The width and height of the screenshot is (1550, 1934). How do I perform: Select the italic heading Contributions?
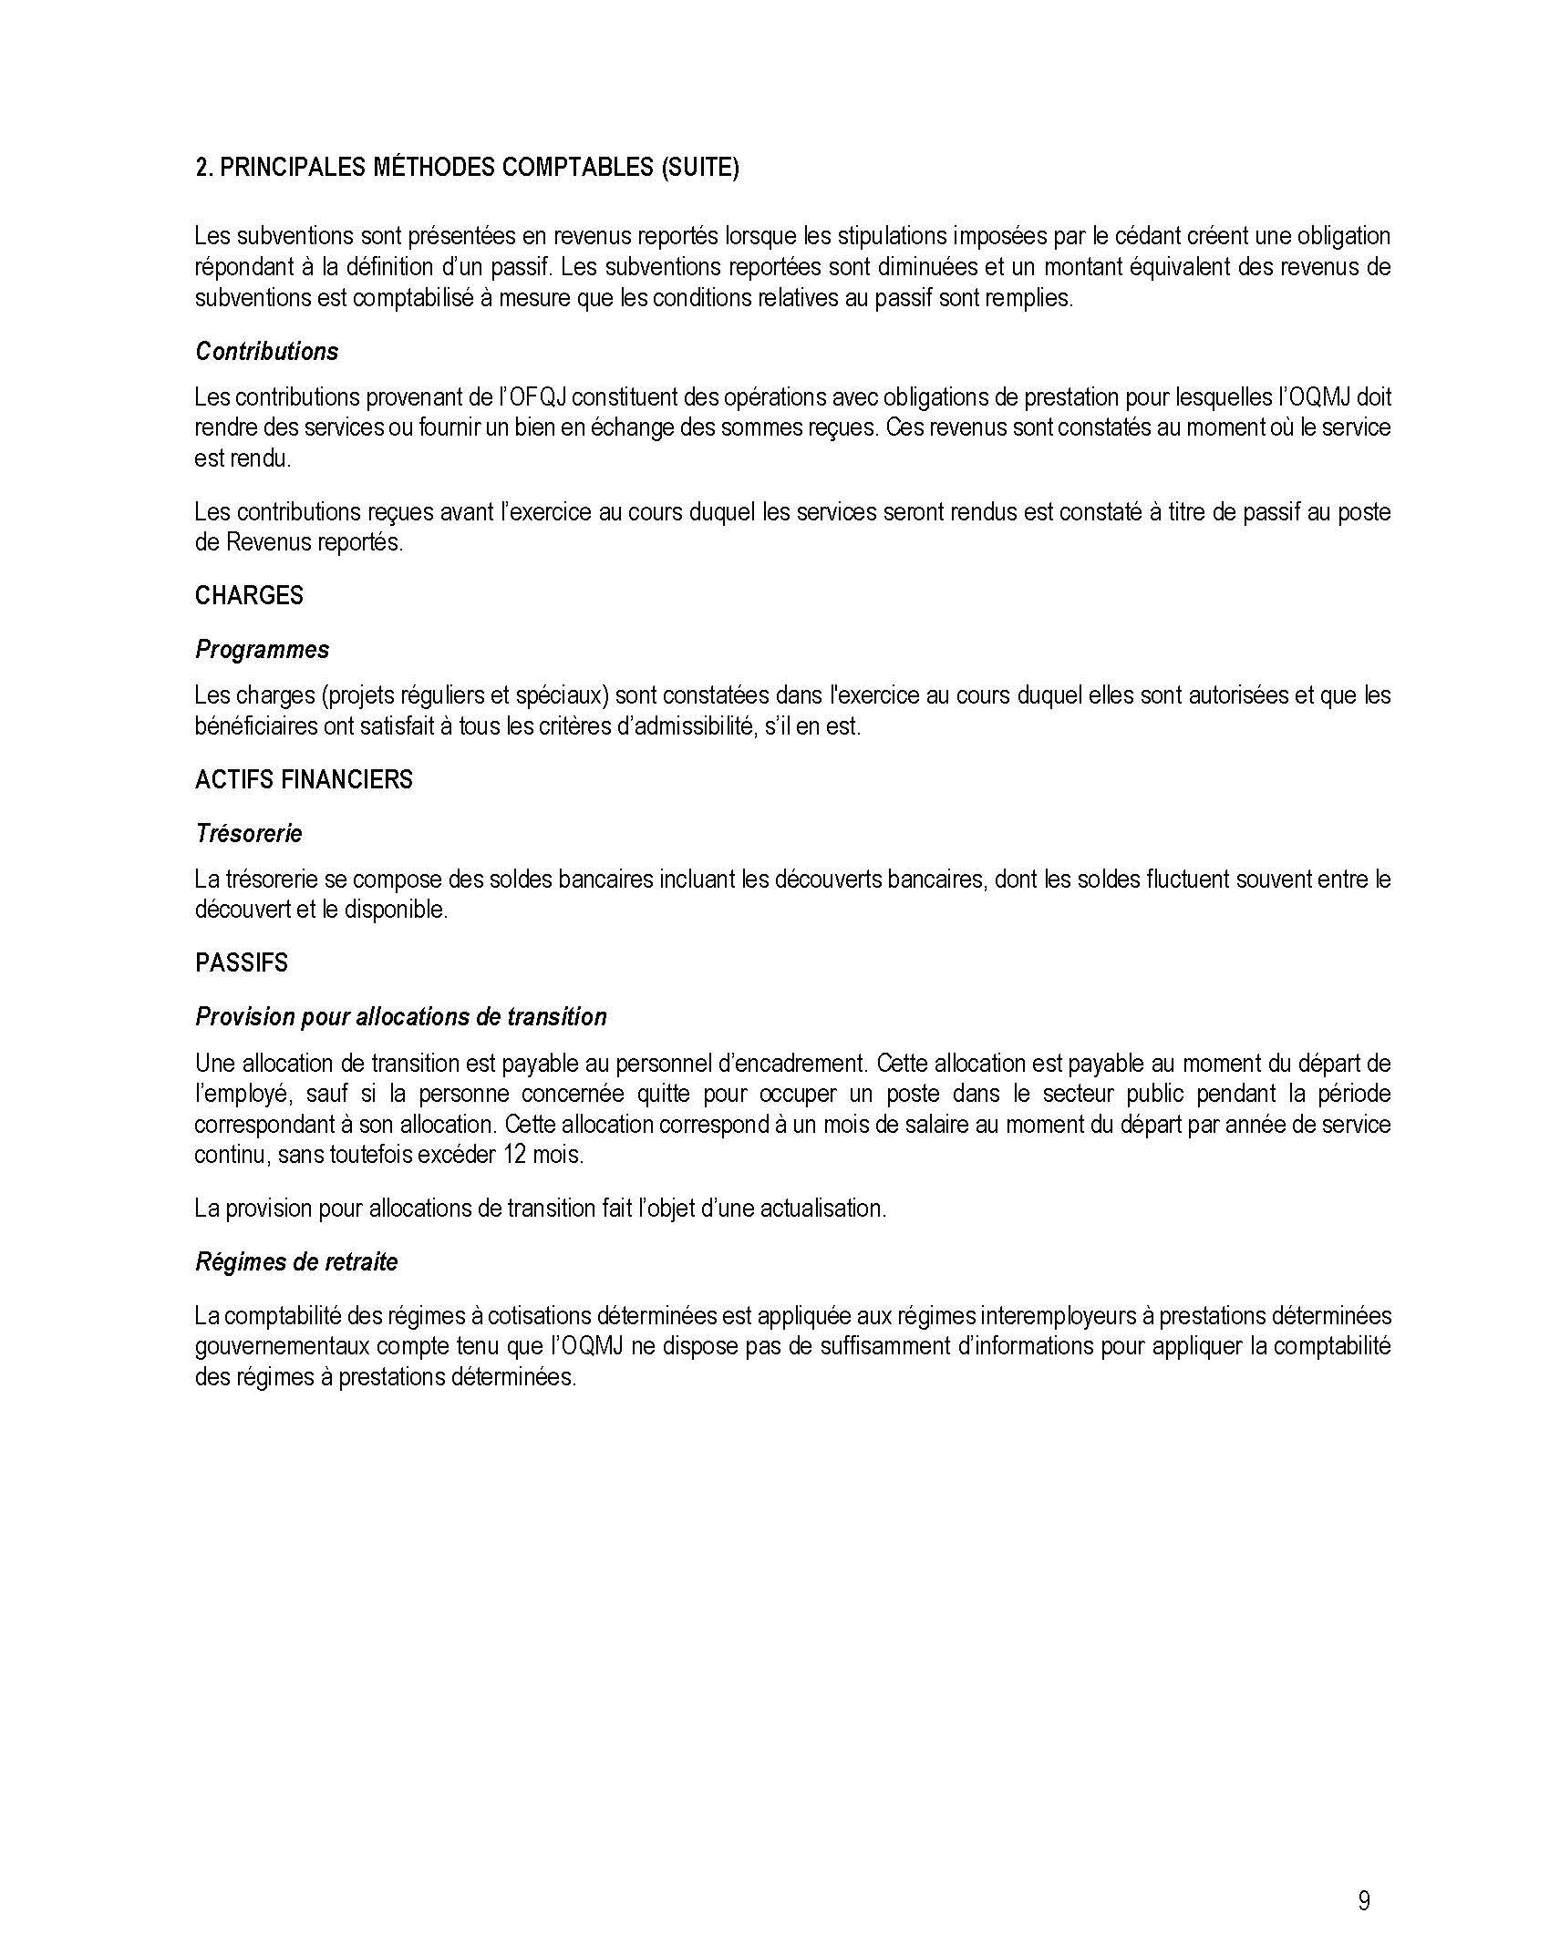[x=266, y=352]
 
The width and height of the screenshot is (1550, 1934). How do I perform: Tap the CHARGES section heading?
[x=249, y=595]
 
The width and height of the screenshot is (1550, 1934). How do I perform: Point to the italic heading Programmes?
[x=262, y=650]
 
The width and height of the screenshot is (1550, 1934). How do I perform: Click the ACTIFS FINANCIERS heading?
[x=304, y=779]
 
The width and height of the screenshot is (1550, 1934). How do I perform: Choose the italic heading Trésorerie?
[x=248, y=833]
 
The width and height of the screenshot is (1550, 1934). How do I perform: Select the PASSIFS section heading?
[x=241, y=962]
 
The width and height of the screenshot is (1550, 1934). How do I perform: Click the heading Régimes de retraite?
[x=296, y=1262]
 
